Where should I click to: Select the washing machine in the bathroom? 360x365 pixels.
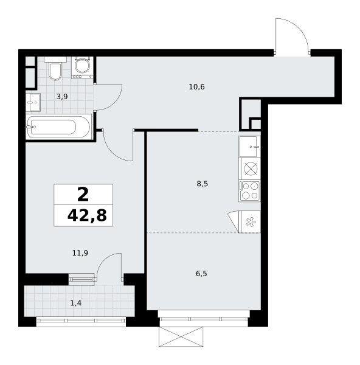pyautogui.click(x=82, y=68)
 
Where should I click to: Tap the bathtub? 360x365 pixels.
pyautogui.click(x=58, y=127)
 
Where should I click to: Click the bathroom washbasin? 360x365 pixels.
pyautogui.click(x=33, y=102)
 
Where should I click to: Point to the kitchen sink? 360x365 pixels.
pyautogui.click(x=249, y=147)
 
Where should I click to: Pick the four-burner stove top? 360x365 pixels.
pyautogui.click(x=249, y=190)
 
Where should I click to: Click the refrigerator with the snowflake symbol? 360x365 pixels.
pyautogui.click(x=249, y=222)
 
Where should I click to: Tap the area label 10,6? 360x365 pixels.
pyautogui.click(x=196, y=87)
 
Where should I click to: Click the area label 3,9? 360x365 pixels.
pyautogui.click(x=62, y=97)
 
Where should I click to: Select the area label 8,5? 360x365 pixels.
pyautogui.click(x=202, y=184)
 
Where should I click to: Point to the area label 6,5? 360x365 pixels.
pyautogui.click(x=201, y=274)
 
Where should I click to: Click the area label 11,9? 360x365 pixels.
pyautogui.click(x=80, y=253)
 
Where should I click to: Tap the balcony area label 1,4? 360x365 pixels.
pyautogui.click(x=76, y=303)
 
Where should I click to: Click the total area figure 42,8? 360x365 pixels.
pyautogui.click(x=87, y=215)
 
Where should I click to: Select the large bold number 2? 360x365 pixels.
pyautogui.click(x=83, y=195)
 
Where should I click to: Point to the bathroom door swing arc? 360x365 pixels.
pyautogui.click(x=115, y=102)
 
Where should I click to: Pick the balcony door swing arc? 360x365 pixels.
pyautogui.click(x=103, y=259)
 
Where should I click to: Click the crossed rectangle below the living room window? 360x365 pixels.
pyautogui.click(x=181, y=336)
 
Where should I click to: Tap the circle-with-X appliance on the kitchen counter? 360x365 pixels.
pyautogui.click(x=251, y=169)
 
